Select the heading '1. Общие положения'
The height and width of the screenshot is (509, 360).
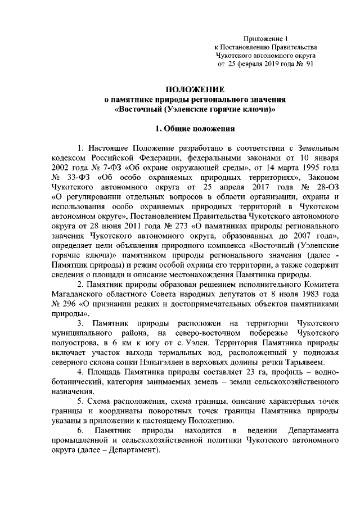tap(195, 128)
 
